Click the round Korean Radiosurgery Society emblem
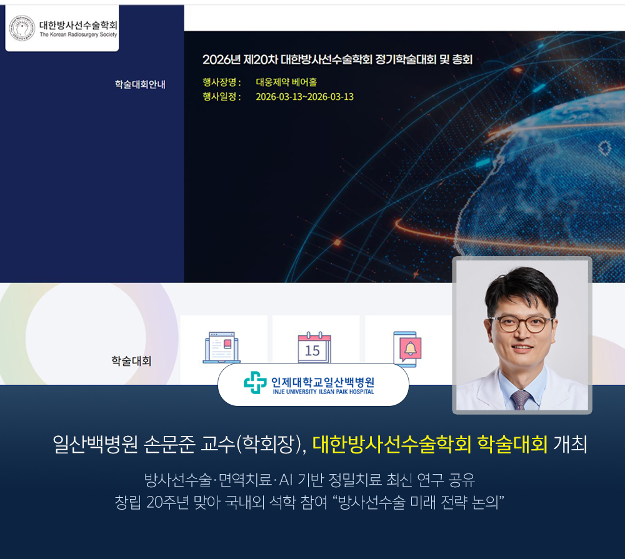pos(22,28)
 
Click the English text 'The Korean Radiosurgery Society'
pos(78,34)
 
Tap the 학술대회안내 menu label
pos(140,84)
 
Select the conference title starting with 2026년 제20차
pos(337,60)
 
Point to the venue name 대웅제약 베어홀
pos(286,82)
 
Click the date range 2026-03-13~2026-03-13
pos(304,97)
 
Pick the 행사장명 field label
pos(222,82)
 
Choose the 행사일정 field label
pos(222,97)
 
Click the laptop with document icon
pos(222,347)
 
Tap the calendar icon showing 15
pos(314,347)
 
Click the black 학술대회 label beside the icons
pos(131,361)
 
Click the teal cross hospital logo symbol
pos(255,383)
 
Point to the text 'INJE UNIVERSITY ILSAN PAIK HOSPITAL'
pos(323,392)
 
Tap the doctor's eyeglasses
pos(521,324)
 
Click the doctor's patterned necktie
pos(521,400)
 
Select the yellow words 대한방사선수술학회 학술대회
pos(430,444)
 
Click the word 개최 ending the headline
pos(570,444)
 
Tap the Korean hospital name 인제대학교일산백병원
pos(323,382)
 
